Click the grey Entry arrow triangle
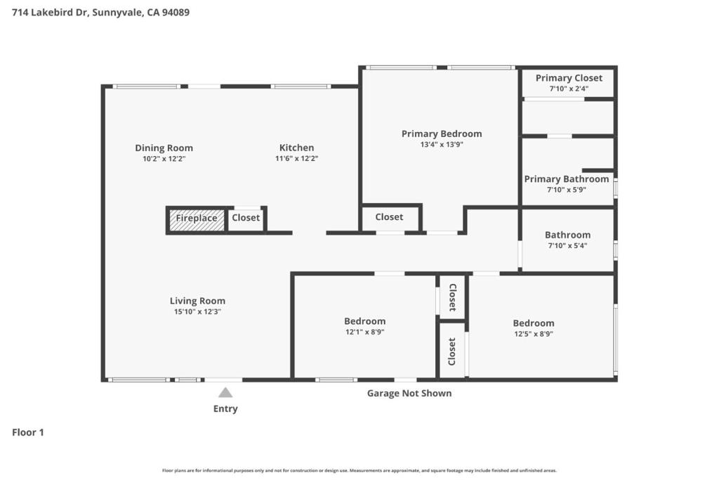[225, 393]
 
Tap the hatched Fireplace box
[197, 220]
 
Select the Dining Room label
[164, 148]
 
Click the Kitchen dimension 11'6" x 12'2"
[297, 159]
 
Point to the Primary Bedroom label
[442, 134]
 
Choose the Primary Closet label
[569, 79]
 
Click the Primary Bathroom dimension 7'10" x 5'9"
[567, 190]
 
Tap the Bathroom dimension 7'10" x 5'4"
[567, 246]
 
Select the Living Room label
[197, 301]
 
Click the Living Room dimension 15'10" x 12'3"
[197, 312]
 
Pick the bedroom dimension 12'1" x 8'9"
[365, 332]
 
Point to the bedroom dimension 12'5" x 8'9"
[534, 334]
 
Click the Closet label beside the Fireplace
[246, 218]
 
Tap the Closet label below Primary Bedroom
[389, 217]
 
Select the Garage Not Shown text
[409, 394]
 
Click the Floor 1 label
[28, 432]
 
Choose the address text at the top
[101, 13]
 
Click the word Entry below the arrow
[225, 409]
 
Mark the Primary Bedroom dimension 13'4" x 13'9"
[442, 145]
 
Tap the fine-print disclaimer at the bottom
[359, 470]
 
